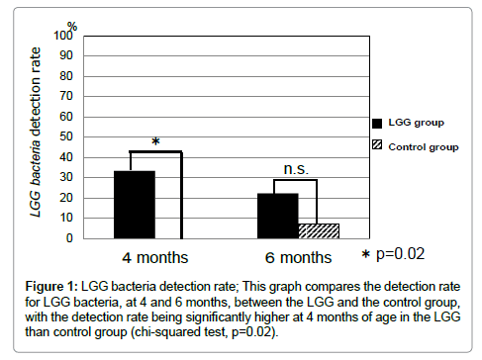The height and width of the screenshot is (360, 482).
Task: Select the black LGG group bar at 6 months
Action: tap(278, 216)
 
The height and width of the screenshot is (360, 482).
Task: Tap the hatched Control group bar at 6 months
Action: tap(319, 230)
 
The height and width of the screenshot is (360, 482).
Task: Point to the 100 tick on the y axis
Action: tap(64, 35)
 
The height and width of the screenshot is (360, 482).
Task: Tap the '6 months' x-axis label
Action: tap(297, 258)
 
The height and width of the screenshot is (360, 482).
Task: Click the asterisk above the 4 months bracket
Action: tap(155, 141)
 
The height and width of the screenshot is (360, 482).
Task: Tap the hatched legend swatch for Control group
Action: tap(377, 146)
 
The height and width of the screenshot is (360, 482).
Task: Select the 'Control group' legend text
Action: tap(424, 145)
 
